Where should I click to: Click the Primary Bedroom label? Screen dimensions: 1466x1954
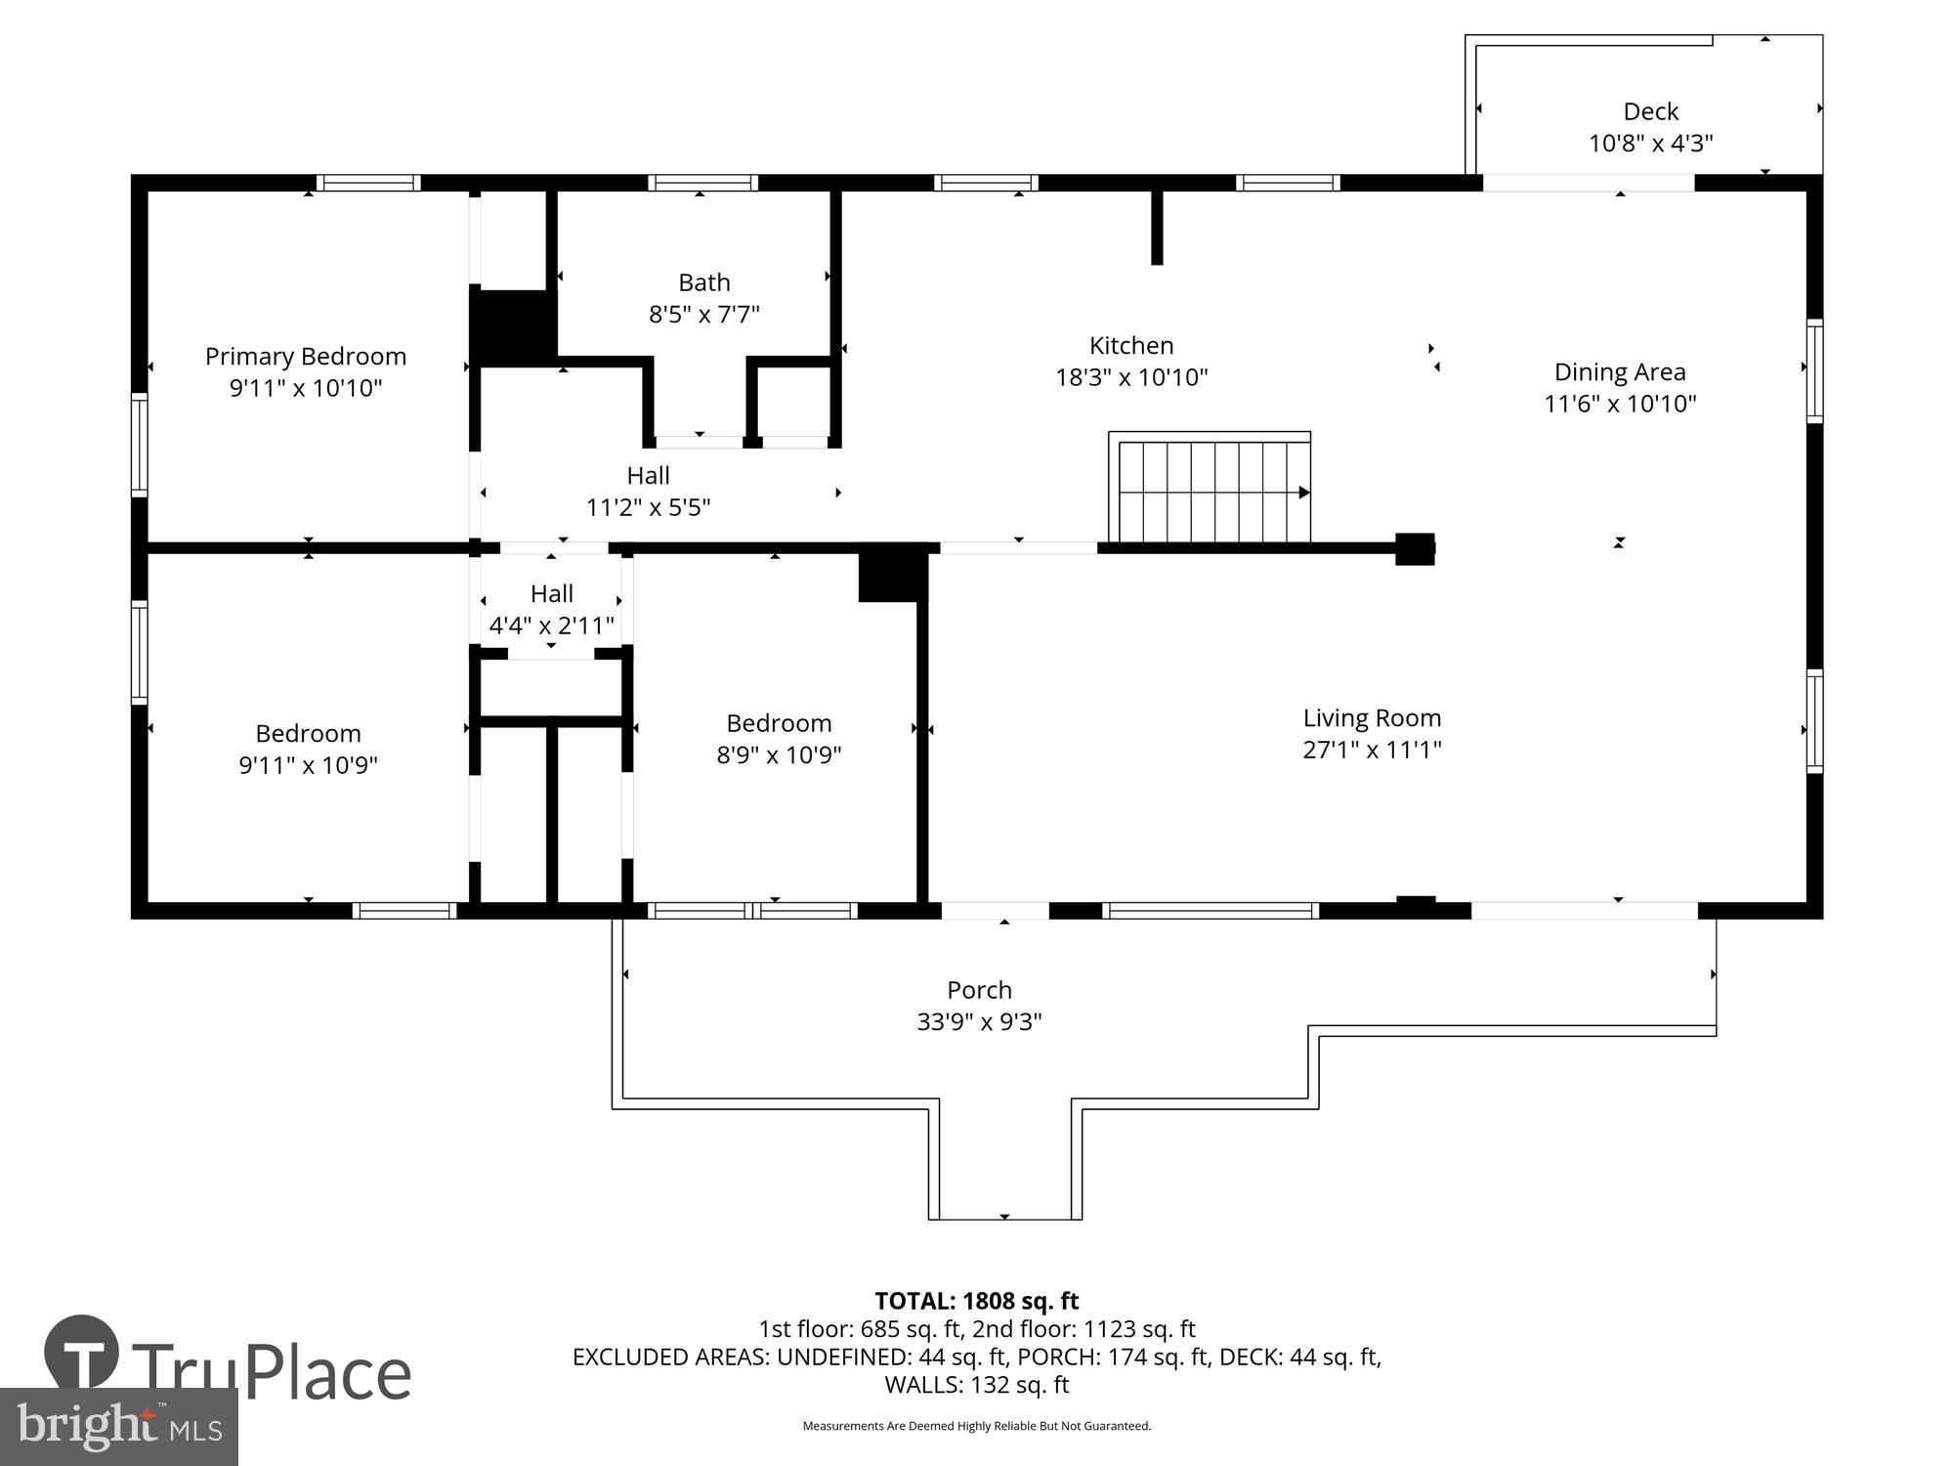[x=305, y=357]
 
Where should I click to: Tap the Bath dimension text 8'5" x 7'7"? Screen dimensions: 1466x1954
[x=703, y=315]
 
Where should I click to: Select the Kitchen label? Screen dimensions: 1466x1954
[x=1131, y=345]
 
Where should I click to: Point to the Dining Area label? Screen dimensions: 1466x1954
[x=1620, y=372]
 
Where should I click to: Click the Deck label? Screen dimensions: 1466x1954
[x=1650, y=111]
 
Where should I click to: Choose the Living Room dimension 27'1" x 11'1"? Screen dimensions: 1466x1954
[x=1372, y=750]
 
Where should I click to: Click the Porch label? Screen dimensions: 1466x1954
[x=979, y=990]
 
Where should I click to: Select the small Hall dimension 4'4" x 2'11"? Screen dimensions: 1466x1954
[x=551, y=625]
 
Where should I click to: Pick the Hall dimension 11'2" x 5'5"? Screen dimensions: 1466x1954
[x=648, y=507]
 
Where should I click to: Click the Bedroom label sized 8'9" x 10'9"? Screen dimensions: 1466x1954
[x=779, y=723]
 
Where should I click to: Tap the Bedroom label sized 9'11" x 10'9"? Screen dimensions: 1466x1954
[x=308, y=733]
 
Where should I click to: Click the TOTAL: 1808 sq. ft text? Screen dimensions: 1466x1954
[x=976, y=1301]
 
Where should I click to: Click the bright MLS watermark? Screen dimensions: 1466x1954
[x=118, y=1427]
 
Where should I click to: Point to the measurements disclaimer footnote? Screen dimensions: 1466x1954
[x=976, y=1426]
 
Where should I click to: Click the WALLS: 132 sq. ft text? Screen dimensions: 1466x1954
[x=976, y=1385]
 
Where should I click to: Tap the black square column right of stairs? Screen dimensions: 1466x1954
[x=1414, y=548]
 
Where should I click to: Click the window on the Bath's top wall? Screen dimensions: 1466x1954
[x=702, y=183]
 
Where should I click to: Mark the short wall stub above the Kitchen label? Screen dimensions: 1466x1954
[x=1157, y=227]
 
